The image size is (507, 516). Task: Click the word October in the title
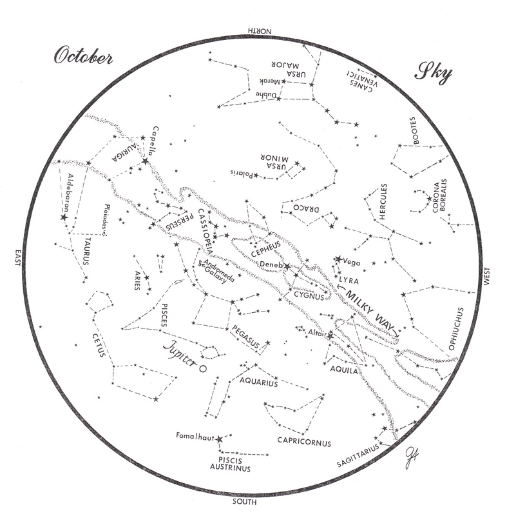point(83,57)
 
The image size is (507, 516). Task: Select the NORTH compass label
point(259,30)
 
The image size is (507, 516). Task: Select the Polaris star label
point(240,174)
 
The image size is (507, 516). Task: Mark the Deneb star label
point(271,264)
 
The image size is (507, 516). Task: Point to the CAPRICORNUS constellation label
point(304,443)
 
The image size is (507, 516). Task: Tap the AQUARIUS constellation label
point(258,382)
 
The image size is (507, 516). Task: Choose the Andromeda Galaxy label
point(216,270)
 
